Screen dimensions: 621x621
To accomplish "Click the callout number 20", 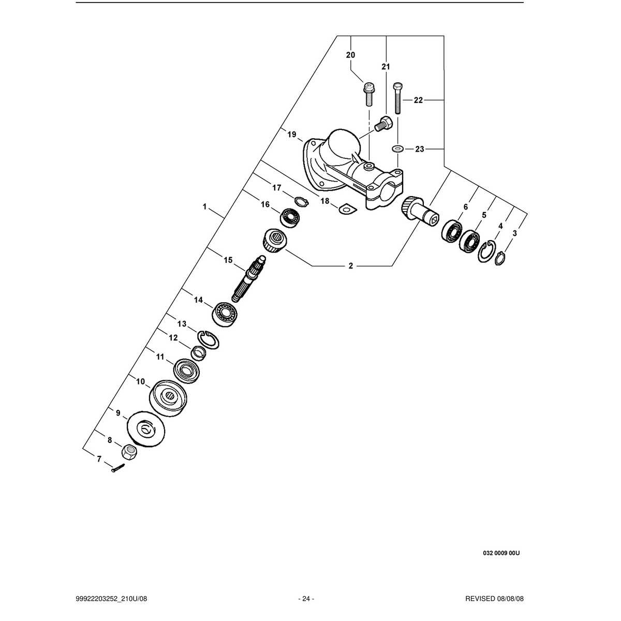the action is point(351,55).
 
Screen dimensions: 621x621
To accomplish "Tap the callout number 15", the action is point(228,260).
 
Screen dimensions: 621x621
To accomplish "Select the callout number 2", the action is point(351,266).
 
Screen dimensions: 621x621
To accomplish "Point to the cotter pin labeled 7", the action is point(117,468).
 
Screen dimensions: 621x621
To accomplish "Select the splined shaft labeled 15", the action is point(249,278).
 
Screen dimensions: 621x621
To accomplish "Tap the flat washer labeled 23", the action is point(398,149).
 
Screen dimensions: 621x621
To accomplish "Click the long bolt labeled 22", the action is point(398,98).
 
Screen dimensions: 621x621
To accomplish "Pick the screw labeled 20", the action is point(368,94).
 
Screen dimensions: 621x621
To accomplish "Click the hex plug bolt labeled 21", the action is point(383,124).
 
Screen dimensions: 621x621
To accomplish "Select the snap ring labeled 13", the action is point(208,339).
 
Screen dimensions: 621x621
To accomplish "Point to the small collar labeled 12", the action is point(199,353).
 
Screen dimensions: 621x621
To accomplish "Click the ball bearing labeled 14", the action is point(225,315).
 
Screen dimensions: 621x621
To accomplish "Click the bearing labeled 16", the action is point(290,218).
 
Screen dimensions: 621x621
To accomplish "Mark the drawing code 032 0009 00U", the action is point(501,553).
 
